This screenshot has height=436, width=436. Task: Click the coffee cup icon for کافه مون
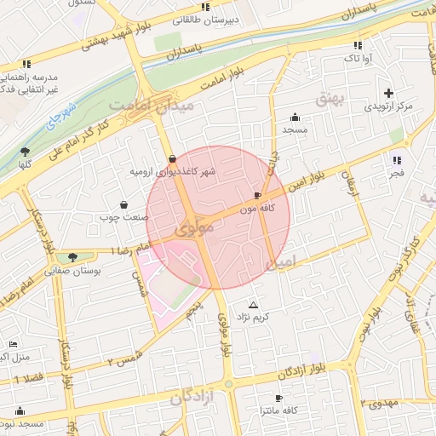pyautogui.click(x=258, y=196)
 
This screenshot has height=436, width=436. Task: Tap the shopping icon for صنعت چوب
pyautogui.click(x=124, y=204)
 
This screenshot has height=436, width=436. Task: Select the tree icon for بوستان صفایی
pyautogui.click(x=72, y=256)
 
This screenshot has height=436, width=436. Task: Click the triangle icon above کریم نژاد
pyautogui.click(x=252, y=304)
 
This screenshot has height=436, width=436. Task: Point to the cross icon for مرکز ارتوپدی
pyautogui.click(x=389, y=93)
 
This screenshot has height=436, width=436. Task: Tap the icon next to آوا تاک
pyautogui.click(x=357, y=45)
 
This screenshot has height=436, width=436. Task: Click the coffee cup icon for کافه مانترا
pyautogui.click(x=278, y=398)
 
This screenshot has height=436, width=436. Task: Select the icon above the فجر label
pyautogui.click(x=396, y=159)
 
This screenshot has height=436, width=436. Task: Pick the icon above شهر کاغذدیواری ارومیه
pyautogui.click(x=173, y=158)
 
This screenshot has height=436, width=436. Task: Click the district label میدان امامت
pyautogui.click(x=152, y=105)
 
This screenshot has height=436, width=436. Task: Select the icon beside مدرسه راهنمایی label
pyautogui.click(x=26, y=64)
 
